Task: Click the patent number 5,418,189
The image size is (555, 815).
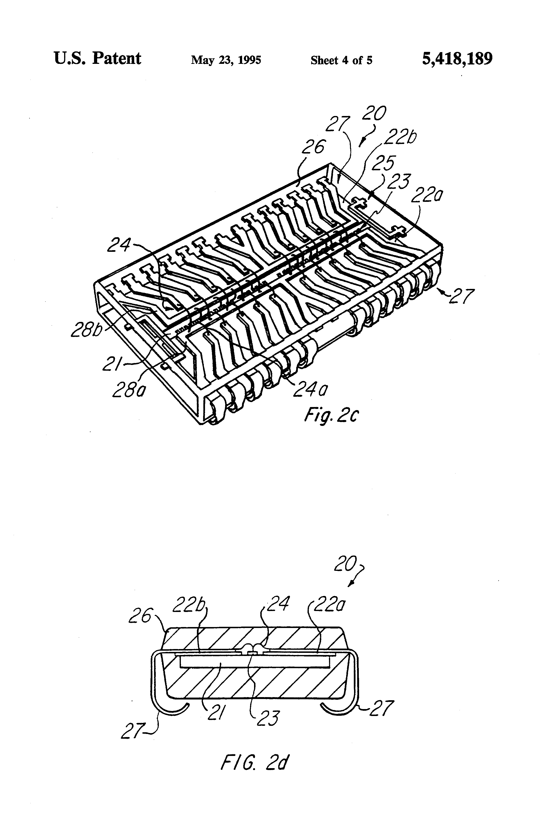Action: point(457,59)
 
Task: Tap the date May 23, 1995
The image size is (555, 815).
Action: point(226,60)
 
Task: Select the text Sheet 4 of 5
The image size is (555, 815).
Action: point(341,60)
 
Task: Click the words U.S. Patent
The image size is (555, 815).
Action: point(97,59)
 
